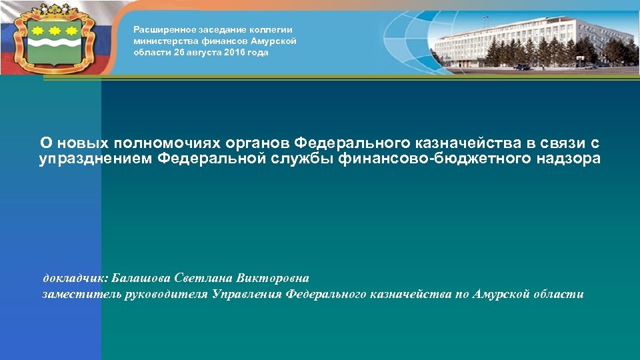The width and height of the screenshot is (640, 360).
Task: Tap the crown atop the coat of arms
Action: tap(55, 13)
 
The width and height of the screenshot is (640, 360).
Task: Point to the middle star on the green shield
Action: tap(55, 30)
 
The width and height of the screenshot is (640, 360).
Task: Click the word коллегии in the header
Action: tap(273, 29)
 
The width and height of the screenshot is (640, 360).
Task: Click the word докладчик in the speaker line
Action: tap(75, 278)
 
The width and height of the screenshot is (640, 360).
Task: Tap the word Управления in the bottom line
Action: tap(247, 294)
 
